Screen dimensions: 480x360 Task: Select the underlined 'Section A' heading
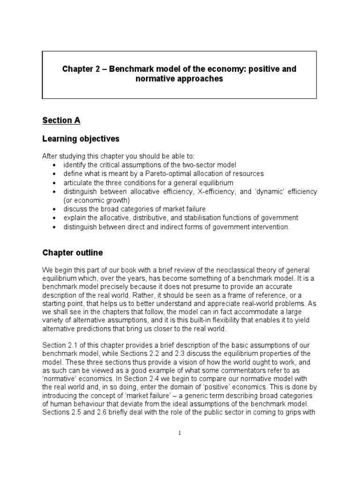tap(61, 120)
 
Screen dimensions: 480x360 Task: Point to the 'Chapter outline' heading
tap(73, 253)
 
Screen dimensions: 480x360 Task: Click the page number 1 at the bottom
tap(180, 433)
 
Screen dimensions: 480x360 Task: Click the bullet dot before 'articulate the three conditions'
tap(57, 183)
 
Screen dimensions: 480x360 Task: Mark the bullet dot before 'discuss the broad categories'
tap(57, 209)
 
